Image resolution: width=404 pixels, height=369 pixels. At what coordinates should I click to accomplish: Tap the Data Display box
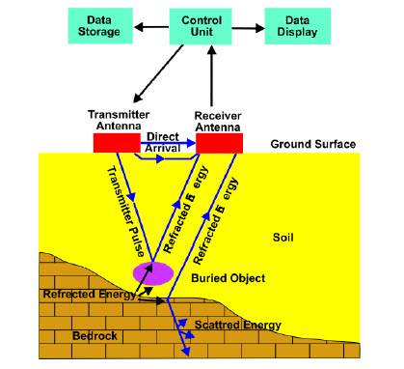coord(293,26)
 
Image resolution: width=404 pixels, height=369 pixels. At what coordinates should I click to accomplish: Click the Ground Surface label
coord(313,144)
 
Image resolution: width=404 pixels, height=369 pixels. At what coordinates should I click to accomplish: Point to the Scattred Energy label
coord(238,325)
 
